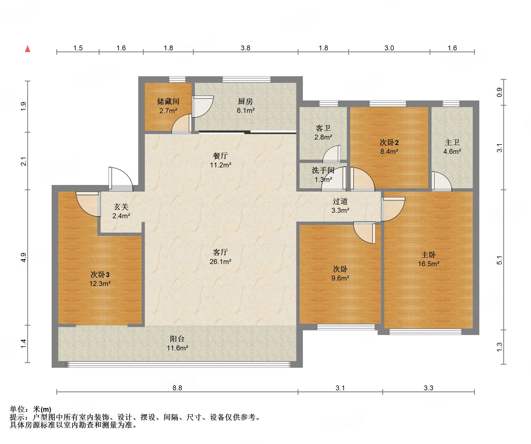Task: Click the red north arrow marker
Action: pyautogui.click(x=27, y=49)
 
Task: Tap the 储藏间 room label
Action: pyautogui.click(x=168, y=102)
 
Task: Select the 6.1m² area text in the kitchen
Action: pyautogui.click(x=246, y=111)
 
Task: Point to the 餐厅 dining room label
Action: pyautogui.click(x=220, y=156)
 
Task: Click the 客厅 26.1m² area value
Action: pyautogui.click(x=220, y=262)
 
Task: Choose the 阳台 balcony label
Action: pyautogui.click(x=177, y=339)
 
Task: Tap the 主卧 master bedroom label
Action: pyautogui.click(x=428, y=255)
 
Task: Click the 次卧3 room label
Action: pyautogui.click(x=100, y=274)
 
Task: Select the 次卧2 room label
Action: pyautogui.click(x=389, y=142)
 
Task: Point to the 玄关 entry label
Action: pyautogui.click(x=121, y=207)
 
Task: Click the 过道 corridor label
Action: pyautogui.click(x=340, y=201)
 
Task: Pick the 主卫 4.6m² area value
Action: pyautogui.click(x=452, y=151)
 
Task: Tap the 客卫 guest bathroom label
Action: pyautogui.click(x=323, y=128)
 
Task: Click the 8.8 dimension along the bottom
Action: pyautogui.click(x=177, y=388)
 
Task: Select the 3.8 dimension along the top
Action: pyautogui.click(x=245, y=48)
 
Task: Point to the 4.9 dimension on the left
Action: pyautogui.click(x=23, y=257)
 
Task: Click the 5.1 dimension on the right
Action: pyautogui.click(x=499, y=260)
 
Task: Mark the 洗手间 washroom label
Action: pyautogui.click(x=323, y=170)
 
